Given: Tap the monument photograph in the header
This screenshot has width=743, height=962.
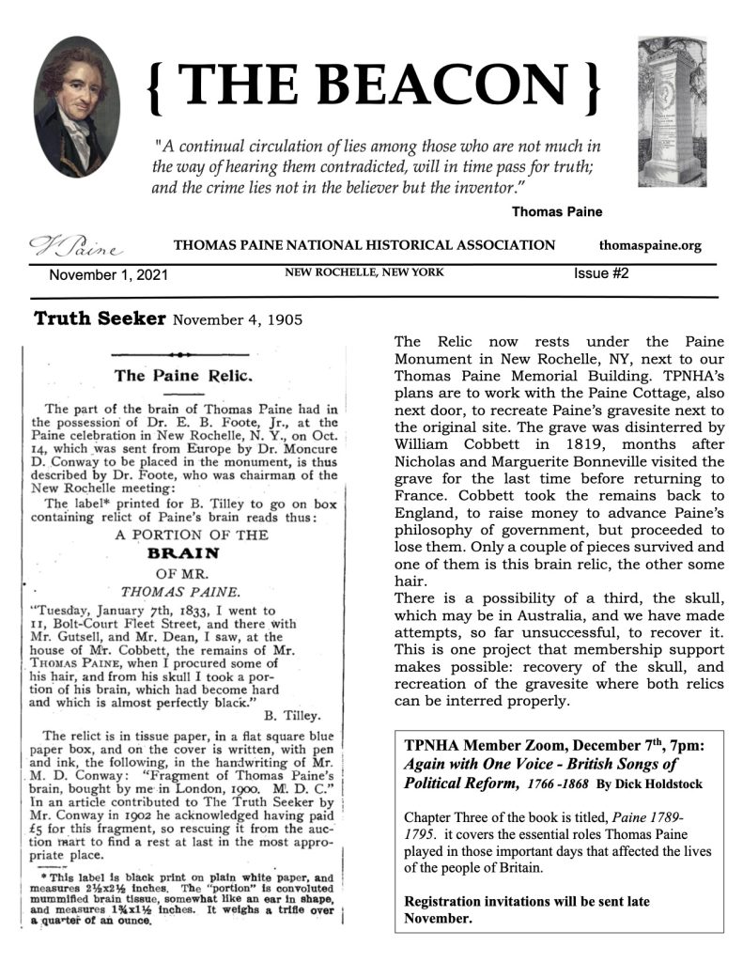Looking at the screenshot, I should [x=671, y=111].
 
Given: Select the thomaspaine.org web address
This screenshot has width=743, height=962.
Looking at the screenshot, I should [x=649, y=246].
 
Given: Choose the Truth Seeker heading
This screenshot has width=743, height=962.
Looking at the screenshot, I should [x=100, y=319].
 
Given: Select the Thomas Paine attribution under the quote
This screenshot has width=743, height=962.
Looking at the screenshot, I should [x=556, y=211].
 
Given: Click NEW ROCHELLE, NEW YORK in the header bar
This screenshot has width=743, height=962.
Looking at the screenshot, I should [x=364, y=273].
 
